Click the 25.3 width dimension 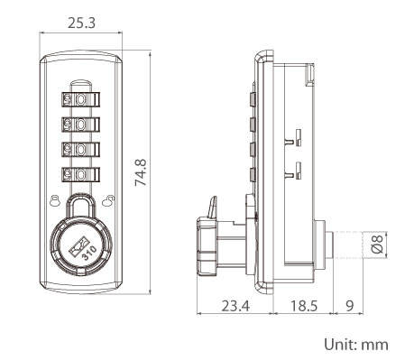[81, 23]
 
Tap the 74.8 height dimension [141, 172]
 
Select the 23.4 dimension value [235, 306]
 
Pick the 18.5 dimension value [304, 306]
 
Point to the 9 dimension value [349, 306]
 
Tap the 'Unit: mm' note [356, 344]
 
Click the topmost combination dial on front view [80, 99]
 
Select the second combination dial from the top [80, 125]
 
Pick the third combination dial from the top [80, 150]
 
